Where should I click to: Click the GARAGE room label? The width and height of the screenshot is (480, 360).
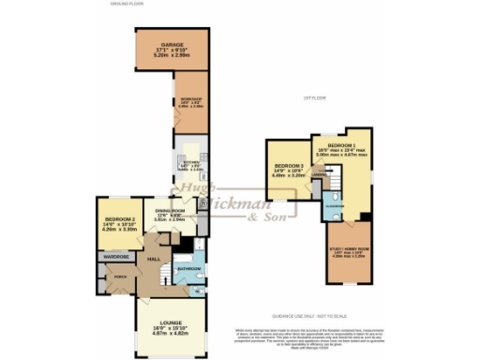coord(171,44)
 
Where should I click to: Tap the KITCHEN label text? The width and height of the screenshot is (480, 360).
coord(184,162)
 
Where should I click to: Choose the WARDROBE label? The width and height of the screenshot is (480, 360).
coord(115,256)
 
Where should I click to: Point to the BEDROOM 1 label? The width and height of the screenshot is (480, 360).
coord(341,146)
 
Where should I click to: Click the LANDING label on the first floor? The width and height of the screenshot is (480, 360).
coord(318,175)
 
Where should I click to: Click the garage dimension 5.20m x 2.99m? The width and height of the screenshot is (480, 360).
coord(171,56)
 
